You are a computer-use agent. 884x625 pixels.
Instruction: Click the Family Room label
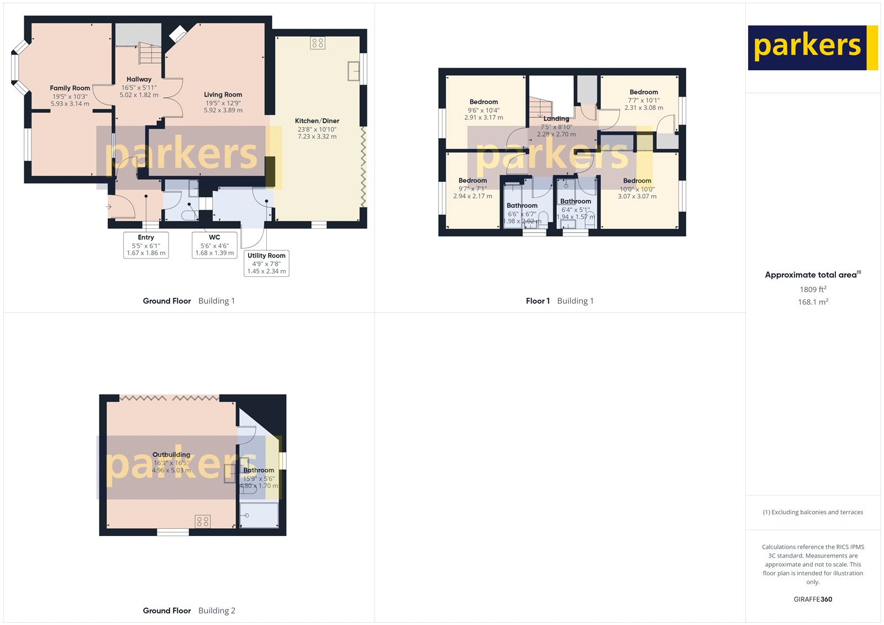(x=70, y=88)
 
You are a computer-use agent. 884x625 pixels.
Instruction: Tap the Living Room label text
(x=223, y=94)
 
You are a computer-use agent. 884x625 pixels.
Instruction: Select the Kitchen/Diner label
(x=317, y=120)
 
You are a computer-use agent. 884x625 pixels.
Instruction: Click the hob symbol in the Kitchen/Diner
(x=318, y=43)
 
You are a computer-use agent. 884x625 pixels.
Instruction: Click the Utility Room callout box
(x=266, y=263)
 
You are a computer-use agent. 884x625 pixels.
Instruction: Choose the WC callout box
(x=214, y=245)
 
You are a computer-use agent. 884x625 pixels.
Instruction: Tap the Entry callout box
(x=146, y=245)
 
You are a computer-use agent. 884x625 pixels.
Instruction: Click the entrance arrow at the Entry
(x=109, y=207)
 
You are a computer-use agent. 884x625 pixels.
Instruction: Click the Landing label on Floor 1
(x=556, y=119)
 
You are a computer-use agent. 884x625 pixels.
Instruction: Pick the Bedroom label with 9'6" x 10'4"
(x=483, y=102)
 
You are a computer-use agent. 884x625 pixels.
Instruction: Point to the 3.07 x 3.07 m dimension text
(x=637, y=196)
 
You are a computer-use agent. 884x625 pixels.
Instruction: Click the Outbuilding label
(x=171, y=455)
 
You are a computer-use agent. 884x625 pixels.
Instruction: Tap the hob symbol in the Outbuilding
(x=203, y=521)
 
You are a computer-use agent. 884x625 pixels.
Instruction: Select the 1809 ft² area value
(x=813, y=289)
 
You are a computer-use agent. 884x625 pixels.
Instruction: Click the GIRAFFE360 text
(x=813, y=599)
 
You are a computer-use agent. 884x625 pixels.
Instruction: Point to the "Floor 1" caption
(x=538, y=301)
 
